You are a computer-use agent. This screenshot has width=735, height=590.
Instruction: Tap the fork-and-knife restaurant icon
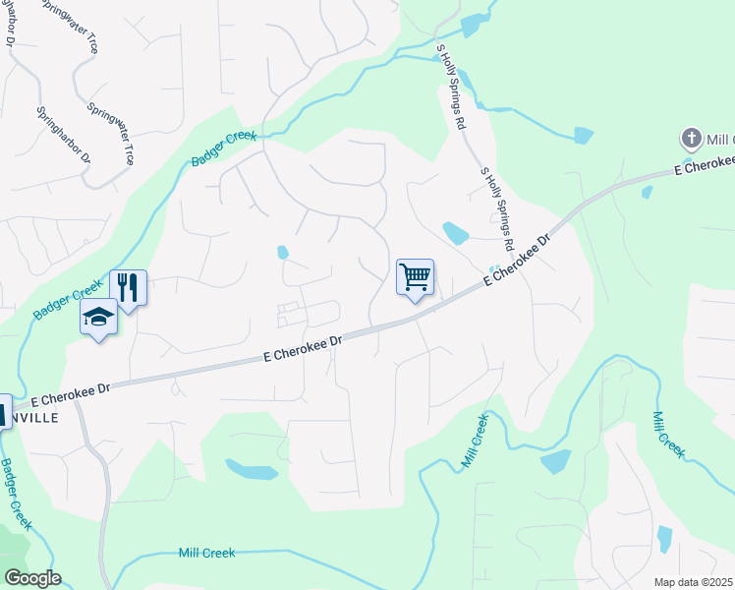128,286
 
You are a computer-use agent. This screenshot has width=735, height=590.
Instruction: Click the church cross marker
691,138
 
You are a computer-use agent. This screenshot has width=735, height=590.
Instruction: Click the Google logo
32,578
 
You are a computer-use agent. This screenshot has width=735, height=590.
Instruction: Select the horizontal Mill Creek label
207,553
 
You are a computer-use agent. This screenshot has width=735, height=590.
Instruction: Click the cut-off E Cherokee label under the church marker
704,166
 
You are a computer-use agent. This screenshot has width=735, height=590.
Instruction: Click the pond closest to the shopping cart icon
455,233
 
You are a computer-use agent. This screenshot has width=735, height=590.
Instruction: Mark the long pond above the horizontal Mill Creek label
251,470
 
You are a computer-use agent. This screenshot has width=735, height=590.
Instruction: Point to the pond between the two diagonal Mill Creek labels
555,461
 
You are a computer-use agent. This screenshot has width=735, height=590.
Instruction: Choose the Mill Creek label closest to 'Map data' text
668,433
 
